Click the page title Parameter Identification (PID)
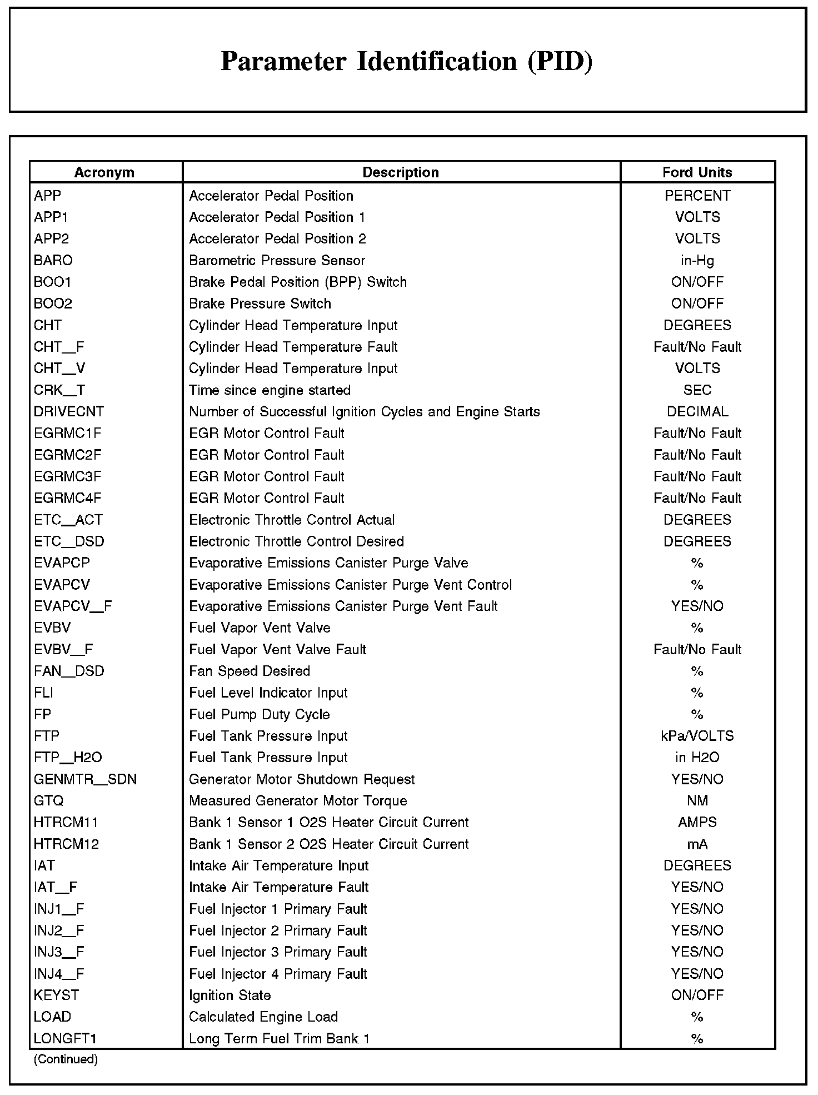pos(407,61)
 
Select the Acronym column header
pos(104,172)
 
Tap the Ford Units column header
pos(697,172)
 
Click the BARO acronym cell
pos(53,260)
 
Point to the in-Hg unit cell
pos(697,260)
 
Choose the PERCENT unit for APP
pos(697,196)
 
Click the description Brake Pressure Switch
pos(260,303)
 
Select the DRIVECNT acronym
pos(69,411)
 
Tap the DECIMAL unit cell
pos(697,411)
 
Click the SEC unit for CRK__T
pos(697,390)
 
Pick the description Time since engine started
pos(270,390)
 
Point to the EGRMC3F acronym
pos(68,476)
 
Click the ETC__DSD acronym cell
pos(69,541)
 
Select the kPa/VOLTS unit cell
pos(697,736)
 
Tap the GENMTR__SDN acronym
pos(85,779)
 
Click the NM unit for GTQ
pos(697,800)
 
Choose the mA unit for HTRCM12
pos(697,844)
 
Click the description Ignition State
pos(230,995)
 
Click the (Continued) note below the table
pos(66,1059)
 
